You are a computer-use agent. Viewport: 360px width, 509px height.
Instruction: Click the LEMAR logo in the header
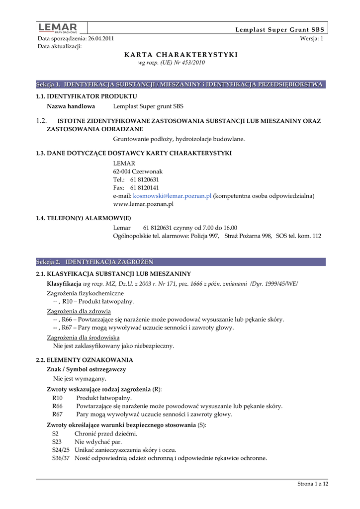coord(58,28)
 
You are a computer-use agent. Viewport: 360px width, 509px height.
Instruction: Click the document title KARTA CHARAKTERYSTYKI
coord(181,55)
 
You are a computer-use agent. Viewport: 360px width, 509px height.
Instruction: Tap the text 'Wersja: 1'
coord(312,38)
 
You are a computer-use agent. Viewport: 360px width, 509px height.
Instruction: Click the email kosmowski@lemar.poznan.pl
coord(169,196)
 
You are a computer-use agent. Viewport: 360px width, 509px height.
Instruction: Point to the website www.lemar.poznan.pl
coord(143,204)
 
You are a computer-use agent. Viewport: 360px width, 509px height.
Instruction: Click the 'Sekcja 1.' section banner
coord(180,85)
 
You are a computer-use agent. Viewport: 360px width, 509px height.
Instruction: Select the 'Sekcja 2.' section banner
coord(180,261)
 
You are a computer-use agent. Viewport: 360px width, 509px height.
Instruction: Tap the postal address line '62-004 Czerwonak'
coord(138,171)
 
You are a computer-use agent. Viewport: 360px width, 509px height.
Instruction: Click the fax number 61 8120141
coord(144,188)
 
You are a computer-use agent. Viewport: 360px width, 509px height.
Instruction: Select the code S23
coord(57,441)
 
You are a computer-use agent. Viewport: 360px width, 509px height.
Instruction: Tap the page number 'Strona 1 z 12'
coord(313,484)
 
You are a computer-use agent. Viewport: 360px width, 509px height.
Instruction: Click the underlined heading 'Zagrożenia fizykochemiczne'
coord(85,293)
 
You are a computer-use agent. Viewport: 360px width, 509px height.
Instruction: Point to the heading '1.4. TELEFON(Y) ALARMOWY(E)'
coord(84,218)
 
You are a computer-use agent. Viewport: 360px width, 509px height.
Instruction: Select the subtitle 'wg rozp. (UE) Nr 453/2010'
coord(171,63)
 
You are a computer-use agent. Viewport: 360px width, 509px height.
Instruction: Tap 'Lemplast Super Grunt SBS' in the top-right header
coord(279,30)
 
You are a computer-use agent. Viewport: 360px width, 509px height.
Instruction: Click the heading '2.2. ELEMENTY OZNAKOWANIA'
coord(84,359)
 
